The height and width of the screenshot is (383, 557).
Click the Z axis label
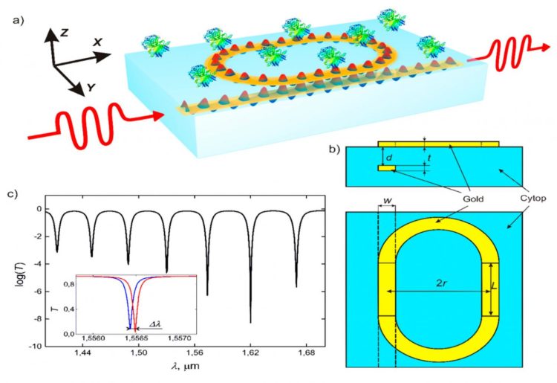64,33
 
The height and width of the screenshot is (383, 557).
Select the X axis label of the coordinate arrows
97,42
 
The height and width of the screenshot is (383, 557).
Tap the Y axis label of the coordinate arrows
91,87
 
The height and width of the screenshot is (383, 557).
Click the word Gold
473,199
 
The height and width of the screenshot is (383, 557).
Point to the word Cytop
532,199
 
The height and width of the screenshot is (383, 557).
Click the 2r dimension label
441,284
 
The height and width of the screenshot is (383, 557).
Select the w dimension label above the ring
387,201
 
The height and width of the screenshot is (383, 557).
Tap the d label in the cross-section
389,157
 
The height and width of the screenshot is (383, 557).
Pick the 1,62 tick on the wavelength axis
250,353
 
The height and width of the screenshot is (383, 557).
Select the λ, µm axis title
185,367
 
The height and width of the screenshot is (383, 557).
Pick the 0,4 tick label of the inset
68,309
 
